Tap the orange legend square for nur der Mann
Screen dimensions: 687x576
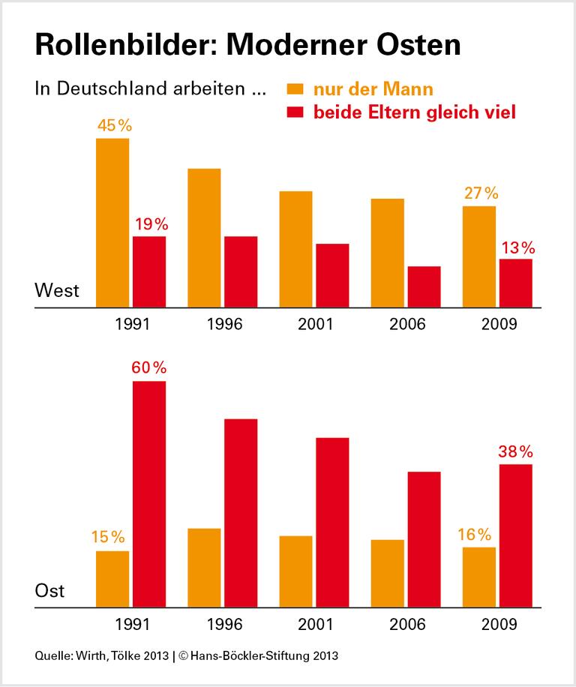295,89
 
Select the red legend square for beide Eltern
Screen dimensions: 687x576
295,112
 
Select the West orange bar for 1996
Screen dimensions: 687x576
204,238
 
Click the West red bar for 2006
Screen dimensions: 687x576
424,286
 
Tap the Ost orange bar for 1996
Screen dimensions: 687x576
204,568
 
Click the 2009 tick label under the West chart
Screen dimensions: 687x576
499,325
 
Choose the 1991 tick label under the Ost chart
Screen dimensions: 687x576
133,625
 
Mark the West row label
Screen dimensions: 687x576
57,291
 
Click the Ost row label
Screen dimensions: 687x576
50,591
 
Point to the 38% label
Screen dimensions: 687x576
515,451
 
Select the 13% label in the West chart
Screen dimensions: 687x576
516,247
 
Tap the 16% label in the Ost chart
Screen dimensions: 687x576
474,535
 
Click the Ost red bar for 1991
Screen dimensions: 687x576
149,494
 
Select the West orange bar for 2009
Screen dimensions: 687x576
478,256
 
